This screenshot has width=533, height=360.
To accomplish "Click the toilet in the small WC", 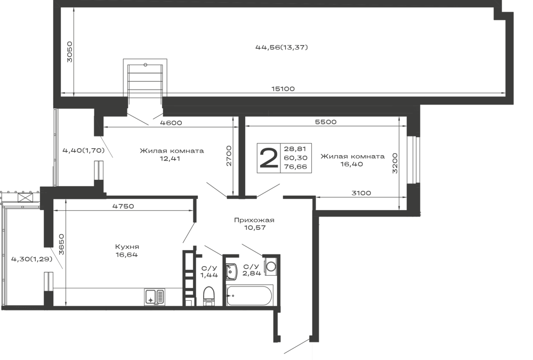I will click(x=209, y=295).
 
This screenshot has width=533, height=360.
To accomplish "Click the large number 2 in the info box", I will click(x=268, y=158).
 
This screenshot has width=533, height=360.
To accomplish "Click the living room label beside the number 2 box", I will click(x=352, y=161).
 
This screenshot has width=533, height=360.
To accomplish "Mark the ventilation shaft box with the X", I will click(x=23, y=197).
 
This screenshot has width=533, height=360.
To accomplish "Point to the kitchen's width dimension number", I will click(x=122, y=205).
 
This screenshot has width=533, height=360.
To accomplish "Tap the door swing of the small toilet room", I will click(x=211, y=253).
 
